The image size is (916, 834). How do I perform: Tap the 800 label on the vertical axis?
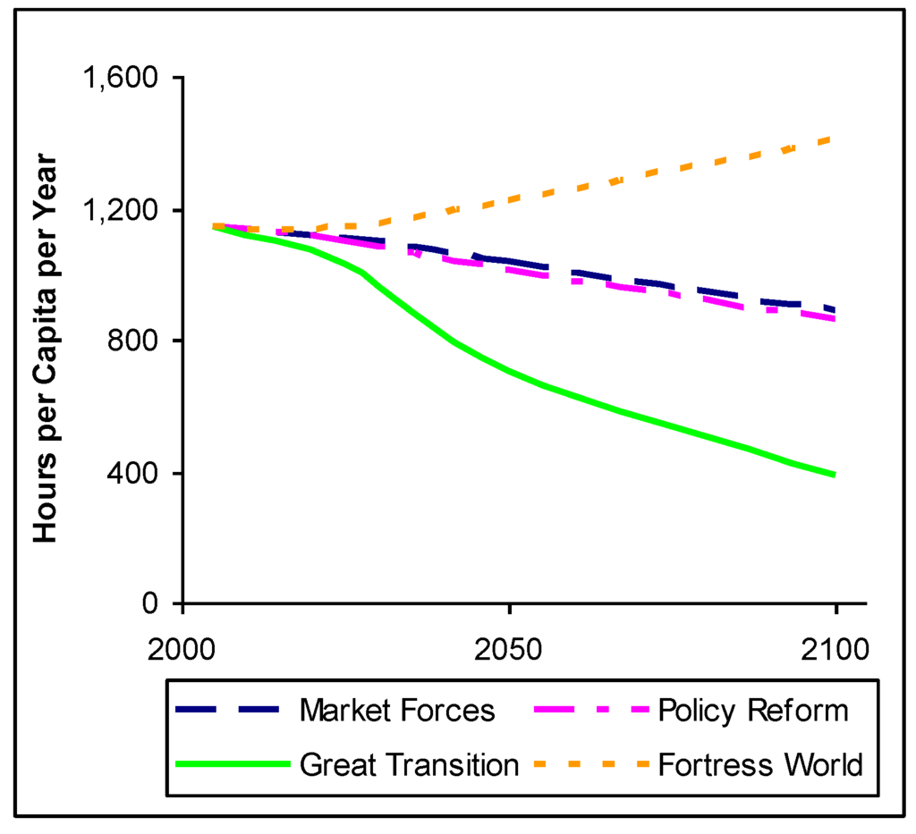click(135, 341)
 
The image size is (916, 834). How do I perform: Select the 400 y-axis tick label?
click(135, 473)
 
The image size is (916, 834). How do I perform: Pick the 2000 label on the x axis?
click(182, 646)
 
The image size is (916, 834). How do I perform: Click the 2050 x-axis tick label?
click(509, 646)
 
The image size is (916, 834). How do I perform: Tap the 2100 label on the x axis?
click(835, 646)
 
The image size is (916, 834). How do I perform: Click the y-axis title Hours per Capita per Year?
click(46, 349)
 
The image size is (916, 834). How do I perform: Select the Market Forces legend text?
click(397, 711)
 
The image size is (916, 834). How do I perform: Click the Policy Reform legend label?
click(751, 711)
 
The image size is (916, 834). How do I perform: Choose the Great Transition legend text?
click(409, 765)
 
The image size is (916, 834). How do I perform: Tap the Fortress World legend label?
click(759, 765)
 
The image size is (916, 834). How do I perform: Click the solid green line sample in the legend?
click(233, 765)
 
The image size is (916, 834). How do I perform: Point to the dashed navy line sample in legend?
click(233, 711)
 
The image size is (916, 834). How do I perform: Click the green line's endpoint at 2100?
click(835, 475)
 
